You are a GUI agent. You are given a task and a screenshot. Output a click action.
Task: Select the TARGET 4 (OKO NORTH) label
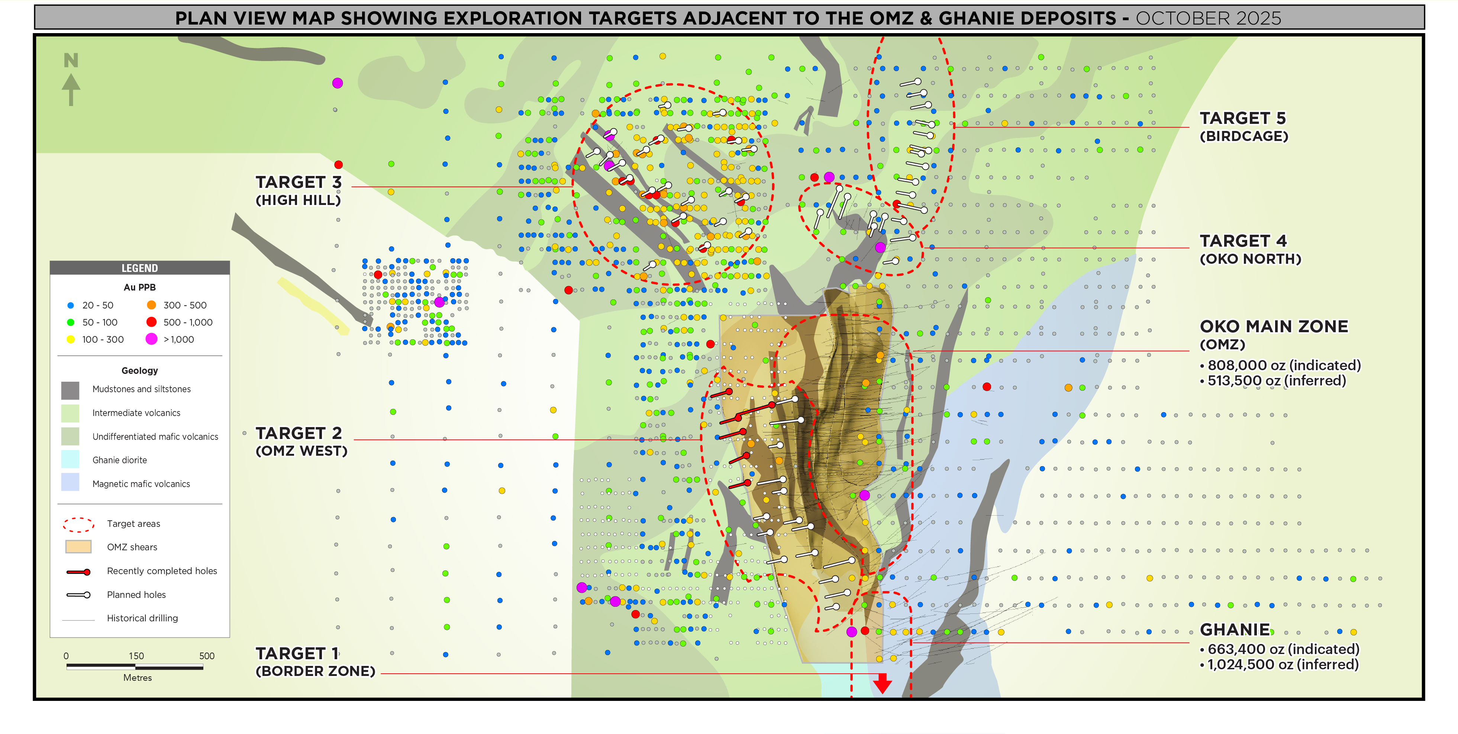pos(1250,249)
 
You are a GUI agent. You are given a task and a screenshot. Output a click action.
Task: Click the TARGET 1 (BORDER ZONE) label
pos(315,661)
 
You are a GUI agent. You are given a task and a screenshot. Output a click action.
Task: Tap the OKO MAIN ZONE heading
pos(1274,327)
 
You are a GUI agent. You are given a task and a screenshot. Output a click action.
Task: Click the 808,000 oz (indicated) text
pos(1283,365)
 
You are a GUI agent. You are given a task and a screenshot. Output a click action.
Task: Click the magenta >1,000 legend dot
pos(151,339)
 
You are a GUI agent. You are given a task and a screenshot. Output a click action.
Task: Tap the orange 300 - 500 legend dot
pos(151,305)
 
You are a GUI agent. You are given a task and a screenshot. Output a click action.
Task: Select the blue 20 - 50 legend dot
pos(71,305)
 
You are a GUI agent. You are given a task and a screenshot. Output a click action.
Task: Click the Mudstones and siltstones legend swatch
pos(70,390)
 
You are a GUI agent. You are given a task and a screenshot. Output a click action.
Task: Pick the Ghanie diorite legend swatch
pos(70,460)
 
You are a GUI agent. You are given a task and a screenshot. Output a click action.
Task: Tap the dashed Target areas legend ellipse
pos(78,525)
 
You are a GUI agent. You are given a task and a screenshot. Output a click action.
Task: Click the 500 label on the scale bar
pos(207,656)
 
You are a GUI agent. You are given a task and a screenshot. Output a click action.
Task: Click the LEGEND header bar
pos(139,268)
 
